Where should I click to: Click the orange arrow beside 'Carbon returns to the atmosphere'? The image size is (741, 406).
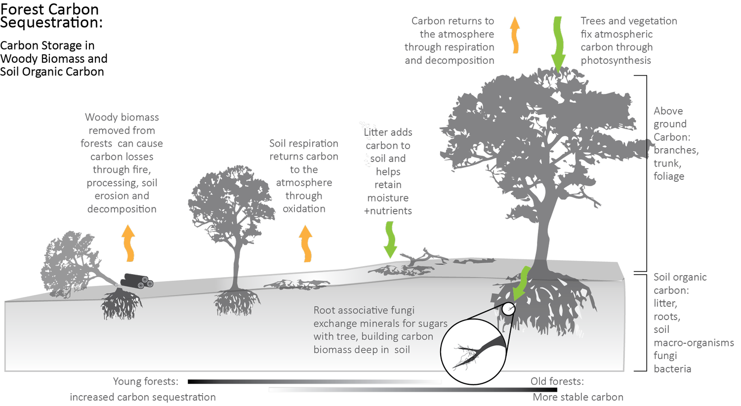pos(515,36)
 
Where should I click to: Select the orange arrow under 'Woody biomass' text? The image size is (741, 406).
pos(128,243)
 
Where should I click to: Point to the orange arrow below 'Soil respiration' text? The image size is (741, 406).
pos(306,244)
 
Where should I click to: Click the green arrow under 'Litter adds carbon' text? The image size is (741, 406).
pos(390,240)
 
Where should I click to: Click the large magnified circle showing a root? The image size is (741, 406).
pos(473,351)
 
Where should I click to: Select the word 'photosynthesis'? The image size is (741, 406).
pos(616,60)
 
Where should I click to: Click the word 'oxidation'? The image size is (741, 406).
pos(304,209)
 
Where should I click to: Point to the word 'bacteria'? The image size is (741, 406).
pos(672,369)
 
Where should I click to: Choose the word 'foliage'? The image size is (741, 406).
pos(669,176)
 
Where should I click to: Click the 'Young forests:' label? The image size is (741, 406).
pos(146,382)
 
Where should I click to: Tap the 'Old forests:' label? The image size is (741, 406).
pos(557,382)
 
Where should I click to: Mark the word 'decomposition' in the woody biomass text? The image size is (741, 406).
pos(122,209)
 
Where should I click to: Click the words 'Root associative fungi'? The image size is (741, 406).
pos(364,310)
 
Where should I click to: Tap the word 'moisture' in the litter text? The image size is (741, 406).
pos(388,198)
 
